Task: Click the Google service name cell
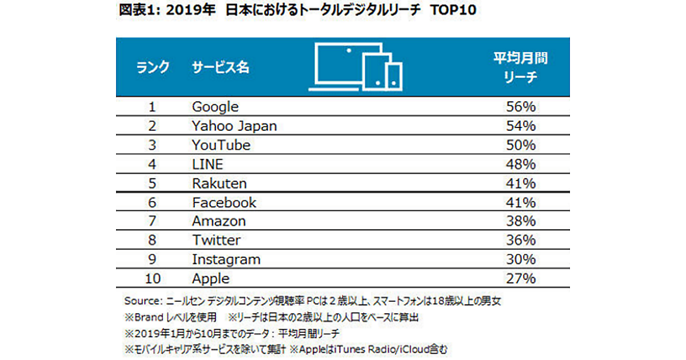216,107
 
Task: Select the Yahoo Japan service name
234,126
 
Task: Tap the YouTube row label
221,145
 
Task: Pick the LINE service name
208,165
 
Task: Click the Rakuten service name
220,183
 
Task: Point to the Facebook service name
224,203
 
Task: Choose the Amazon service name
219,222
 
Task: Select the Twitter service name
216,241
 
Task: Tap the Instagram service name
226,260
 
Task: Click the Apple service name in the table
211,279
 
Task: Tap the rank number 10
152,279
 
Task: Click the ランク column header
153,67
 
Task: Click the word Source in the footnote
141,301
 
